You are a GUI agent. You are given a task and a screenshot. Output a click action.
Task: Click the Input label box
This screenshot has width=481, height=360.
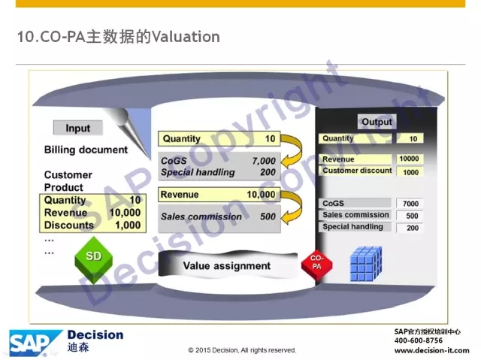tap(78, 128)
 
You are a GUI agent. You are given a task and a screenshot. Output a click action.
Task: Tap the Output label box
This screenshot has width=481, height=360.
tap(377, 122)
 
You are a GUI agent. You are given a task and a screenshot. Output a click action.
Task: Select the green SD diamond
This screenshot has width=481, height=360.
tap(93, 259)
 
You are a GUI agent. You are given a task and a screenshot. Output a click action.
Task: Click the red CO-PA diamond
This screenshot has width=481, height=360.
tap(316, 264)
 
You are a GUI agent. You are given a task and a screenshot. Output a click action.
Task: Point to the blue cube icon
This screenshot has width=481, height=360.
tap(366, 264)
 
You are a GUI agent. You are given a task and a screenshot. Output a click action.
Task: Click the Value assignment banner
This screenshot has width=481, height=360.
tap(228, 265)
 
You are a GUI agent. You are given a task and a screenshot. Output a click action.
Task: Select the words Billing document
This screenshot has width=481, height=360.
tap(86, 150)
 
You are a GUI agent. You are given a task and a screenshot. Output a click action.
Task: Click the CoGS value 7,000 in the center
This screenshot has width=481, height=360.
tap(264, 160)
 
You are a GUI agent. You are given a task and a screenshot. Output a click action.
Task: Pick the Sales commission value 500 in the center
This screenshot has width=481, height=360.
tap(268, 216)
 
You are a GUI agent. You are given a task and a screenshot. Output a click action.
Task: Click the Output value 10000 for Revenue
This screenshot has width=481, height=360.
tap(409, 159)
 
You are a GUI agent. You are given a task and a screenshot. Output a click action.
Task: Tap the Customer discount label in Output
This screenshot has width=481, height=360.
tap(357, 171)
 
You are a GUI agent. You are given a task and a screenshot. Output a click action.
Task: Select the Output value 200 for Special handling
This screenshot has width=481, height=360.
tap(413, 228)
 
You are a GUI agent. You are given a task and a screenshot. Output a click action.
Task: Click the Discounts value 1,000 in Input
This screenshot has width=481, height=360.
tap(128, 225)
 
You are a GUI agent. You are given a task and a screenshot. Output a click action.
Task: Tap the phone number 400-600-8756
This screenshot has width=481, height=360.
tap(419, 340)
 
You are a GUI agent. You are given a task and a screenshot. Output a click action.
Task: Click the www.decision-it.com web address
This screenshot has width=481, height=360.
tap(432, 350)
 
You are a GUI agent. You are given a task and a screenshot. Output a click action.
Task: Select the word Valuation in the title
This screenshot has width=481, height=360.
tap(186, 37)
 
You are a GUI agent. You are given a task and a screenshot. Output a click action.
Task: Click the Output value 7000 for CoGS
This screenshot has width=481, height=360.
tap(410, 204)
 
